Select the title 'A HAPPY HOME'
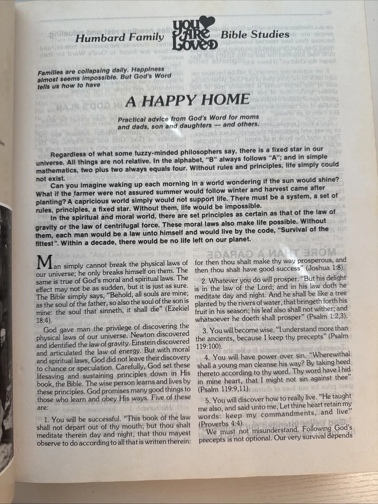187,100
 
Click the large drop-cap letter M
45,264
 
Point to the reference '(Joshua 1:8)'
326,269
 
